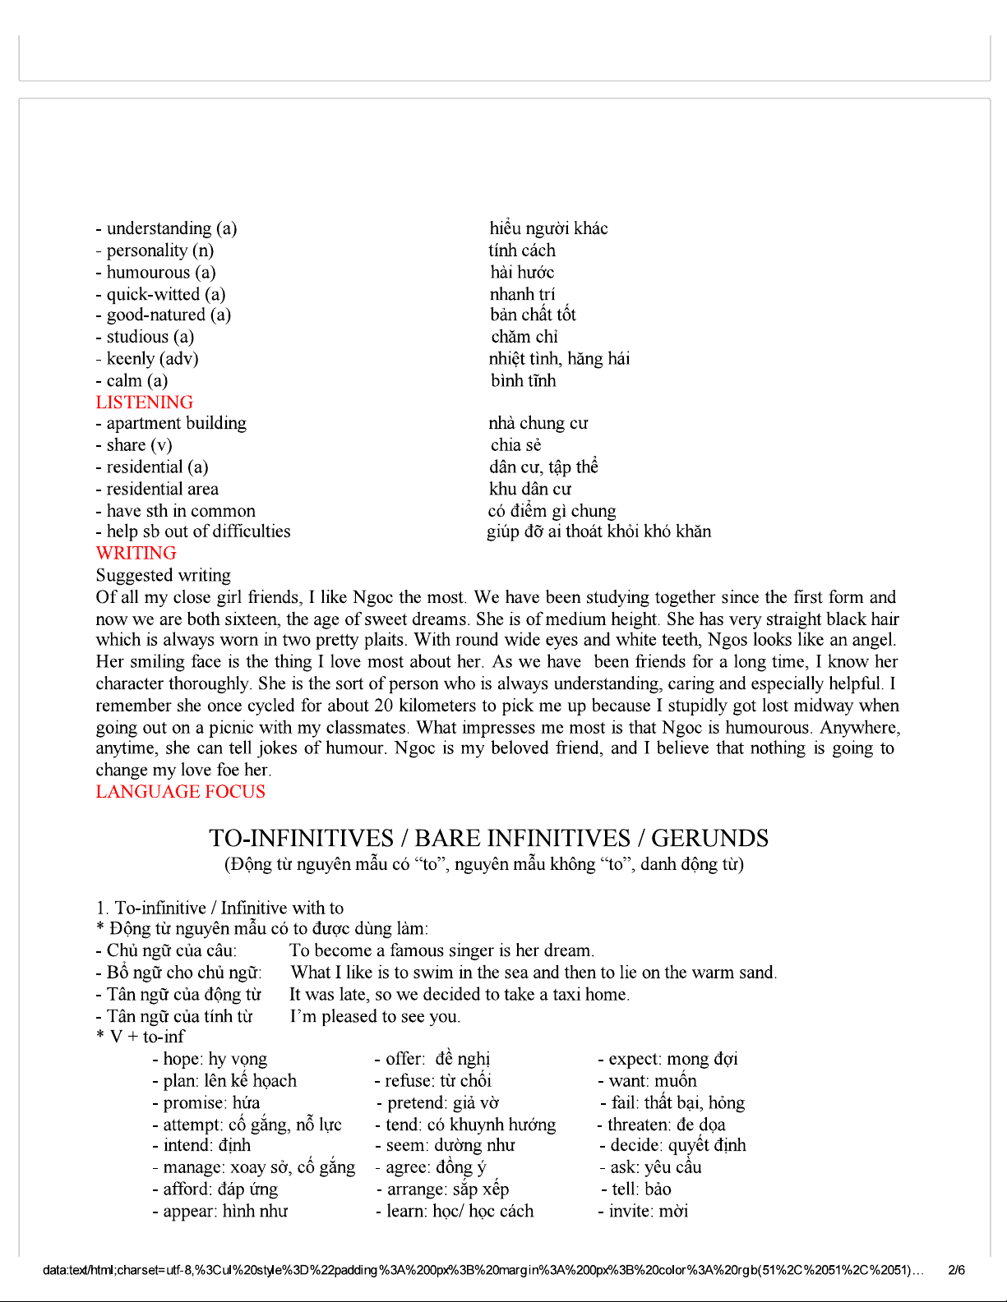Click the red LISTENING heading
point(145,403)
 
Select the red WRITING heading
point(136,554)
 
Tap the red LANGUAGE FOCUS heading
point(181,792)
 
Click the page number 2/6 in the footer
point(957,1270)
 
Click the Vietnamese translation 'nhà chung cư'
point(538,423)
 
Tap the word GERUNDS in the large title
point(710,839)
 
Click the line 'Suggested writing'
point(164,575)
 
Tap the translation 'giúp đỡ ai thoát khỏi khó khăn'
point(599,531)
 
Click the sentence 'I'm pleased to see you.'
point(375,1016)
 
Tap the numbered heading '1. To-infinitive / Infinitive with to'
point(219,908)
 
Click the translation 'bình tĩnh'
point(524,381)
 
